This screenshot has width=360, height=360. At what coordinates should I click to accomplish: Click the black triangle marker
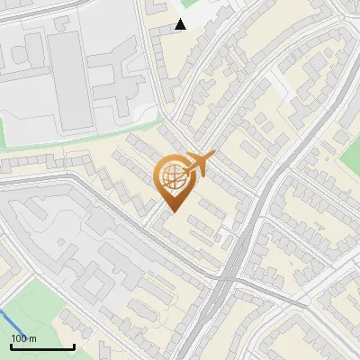(181, 24)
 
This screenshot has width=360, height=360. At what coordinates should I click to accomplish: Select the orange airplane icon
(199, 164)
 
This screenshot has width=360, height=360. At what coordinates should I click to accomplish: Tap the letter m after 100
(33, 338)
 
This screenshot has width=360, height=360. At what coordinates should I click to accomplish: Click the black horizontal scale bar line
(41, 346)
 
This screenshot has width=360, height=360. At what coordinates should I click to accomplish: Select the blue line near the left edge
(7, 319)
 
